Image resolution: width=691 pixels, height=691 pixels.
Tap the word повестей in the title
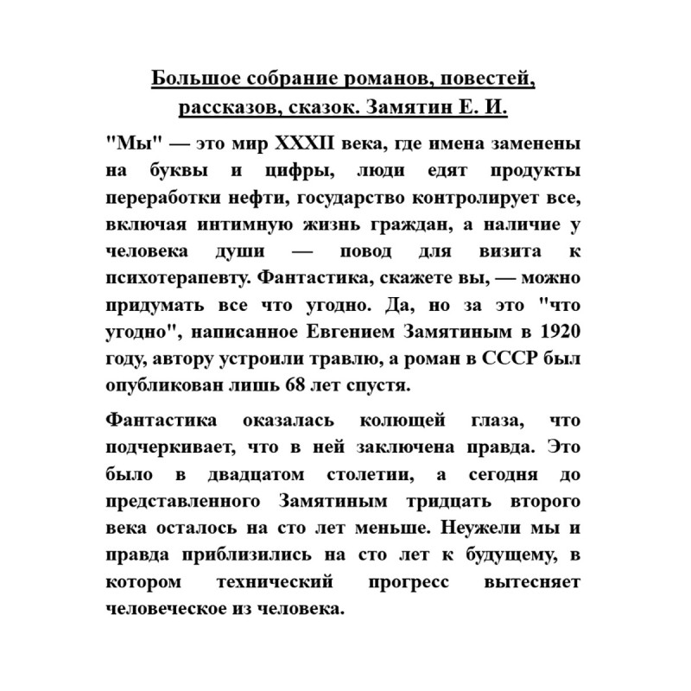coord(488,81)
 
